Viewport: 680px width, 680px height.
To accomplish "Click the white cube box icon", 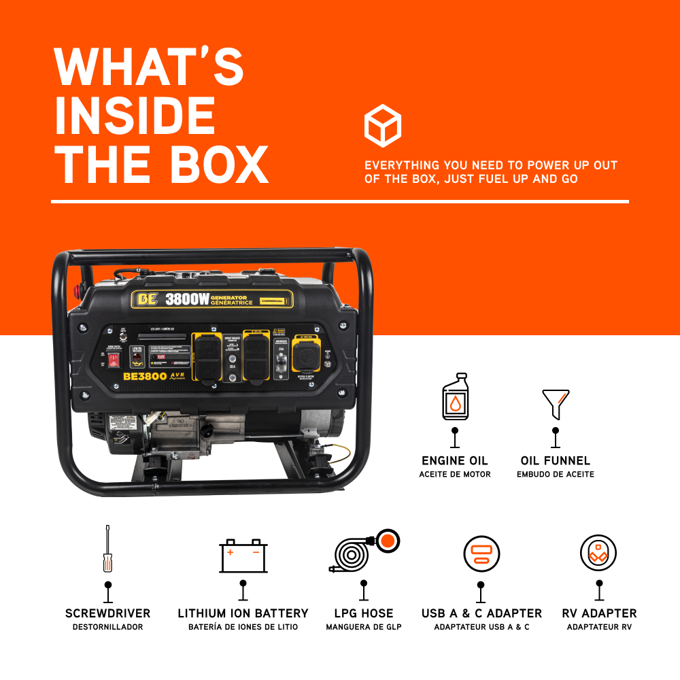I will (382, 125).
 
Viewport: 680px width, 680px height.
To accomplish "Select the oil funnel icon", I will (556, 403).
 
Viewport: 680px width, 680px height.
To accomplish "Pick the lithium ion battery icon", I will (243, 556).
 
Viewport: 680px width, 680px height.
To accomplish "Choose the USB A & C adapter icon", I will (481, 554).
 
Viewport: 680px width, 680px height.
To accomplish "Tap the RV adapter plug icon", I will (598, 553).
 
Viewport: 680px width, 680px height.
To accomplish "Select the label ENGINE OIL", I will (454, 460).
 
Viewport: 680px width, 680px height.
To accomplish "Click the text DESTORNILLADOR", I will (107, 627).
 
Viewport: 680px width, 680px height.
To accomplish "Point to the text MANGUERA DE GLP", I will (364, 627).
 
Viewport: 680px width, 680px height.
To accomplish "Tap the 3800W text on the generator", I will (186, 300).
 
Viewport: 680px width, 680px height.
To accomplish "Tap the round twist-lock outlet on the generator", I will (305, 356).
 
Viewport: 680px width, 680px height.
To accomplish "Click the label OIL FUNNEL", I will (556, 460).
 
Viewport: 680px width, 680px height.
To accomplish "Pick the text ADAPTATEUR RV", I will (598, 627).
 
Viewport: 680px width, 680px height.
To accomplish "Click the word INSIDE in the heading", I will (134, 116).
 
